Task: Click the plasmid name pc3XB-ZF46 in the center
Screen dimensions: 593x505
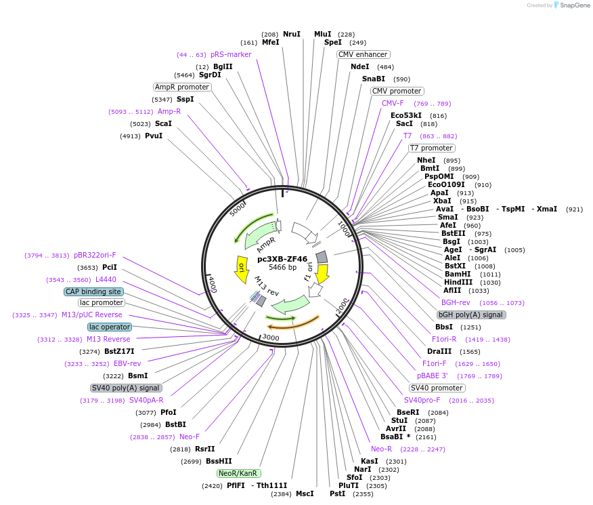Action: tap(282, 258)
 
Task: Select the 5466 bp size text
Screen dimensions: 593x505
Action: tap(282, 268)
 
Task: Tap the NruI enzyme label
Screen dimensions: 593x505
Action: tap(292, 34)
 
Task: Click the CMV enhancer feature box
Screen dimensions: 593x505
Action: tap(364, 54)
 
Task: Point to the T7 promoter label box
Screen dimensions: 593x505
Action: tap(432, 148)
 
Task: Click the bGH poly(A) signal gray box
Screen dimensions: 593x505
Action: tap(471, 315)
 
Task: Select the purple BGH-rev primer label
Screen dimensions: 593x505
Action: tap(456, 302)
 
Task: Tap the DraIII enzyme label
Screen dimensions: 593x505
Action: tap(439, 352)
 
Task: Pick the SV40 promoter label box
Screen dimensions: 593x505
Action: tap(437, 388)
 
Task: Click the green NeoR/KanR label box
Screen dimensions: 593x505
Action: tap(239, 473)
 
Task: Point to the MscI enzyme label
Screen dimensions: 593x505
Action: tap(305, 493)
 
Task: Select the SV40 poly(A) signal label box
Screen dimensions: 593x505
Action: tap(126, 388)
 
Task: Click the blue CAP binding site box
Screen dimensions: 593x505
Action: tap(93, 291)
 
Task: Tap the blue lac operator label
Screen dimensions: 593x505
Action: tap(109, 327)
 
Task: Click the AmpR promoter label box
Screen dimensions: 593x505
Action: tap(182, 87)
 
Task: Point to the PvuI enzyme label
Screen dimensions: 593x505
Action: tap(154, 136)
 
